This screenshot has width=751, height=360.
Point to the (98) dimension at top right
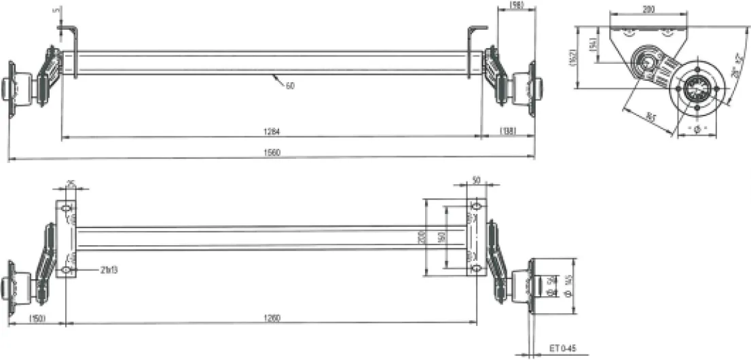(x=516, y=5)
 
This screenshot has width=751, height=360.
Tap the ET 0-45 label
(x=562, y=347)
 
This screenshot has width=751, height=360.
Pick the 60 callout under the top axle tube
(x=290, y=86)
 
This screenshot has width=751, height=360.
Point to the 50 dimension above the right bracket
(x=476, y=180)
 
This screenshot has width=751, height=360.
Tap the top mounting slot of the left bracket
(x=67, y=207)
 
